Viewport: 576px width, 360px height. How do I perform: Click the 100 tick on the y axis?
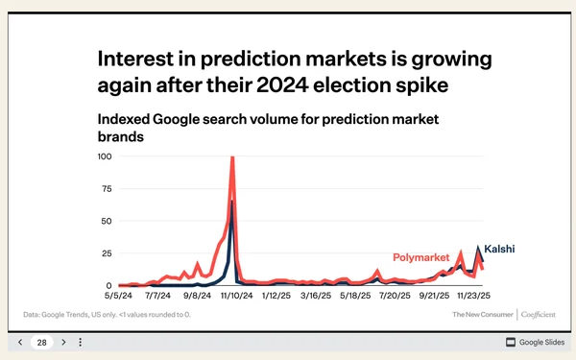[106, 156]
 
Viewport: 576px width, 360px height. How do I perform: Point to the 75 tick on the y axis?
[108, 188]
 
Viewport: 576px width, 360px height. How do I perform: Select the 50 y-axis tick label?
[108, 221]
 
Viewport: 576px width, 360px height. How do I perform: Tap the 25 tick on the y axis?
[108, 253]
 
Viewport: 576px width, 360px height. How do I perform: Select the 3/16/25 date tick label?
[313, 296]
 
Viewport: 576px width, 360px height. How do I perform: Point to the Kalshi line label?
[499, 249]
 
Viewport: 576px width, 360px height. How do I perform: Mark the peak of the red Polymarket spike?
[232, 157]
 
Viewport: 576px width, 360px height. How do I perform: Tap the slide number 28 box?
[42, 342]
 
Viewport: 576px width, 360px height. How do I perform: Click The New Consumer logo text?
[483, 314]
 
